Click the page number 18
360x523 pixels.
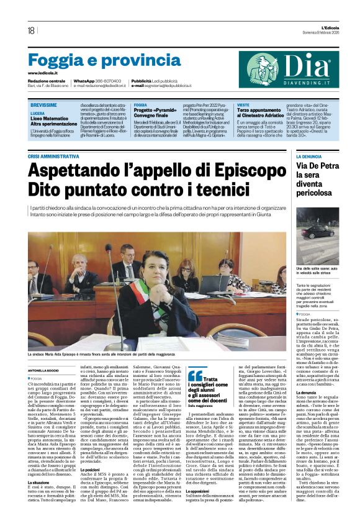(x=31, y=30)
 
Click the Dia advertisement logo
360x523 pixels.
(x=291, y=70)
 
